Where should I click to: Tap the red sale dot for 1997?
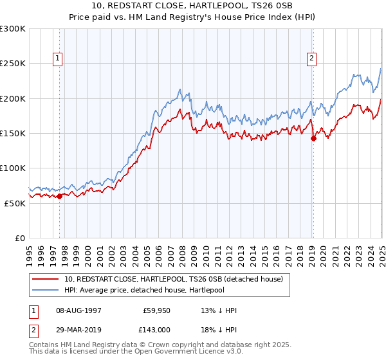[59, 196]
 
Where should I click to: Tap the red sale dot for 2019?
[313, 138]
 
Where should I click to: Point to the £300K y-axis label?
[13, 29]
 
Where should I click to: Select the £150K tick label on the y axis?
[13, 133]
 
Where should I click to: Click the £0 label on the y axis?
[21, 238]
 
